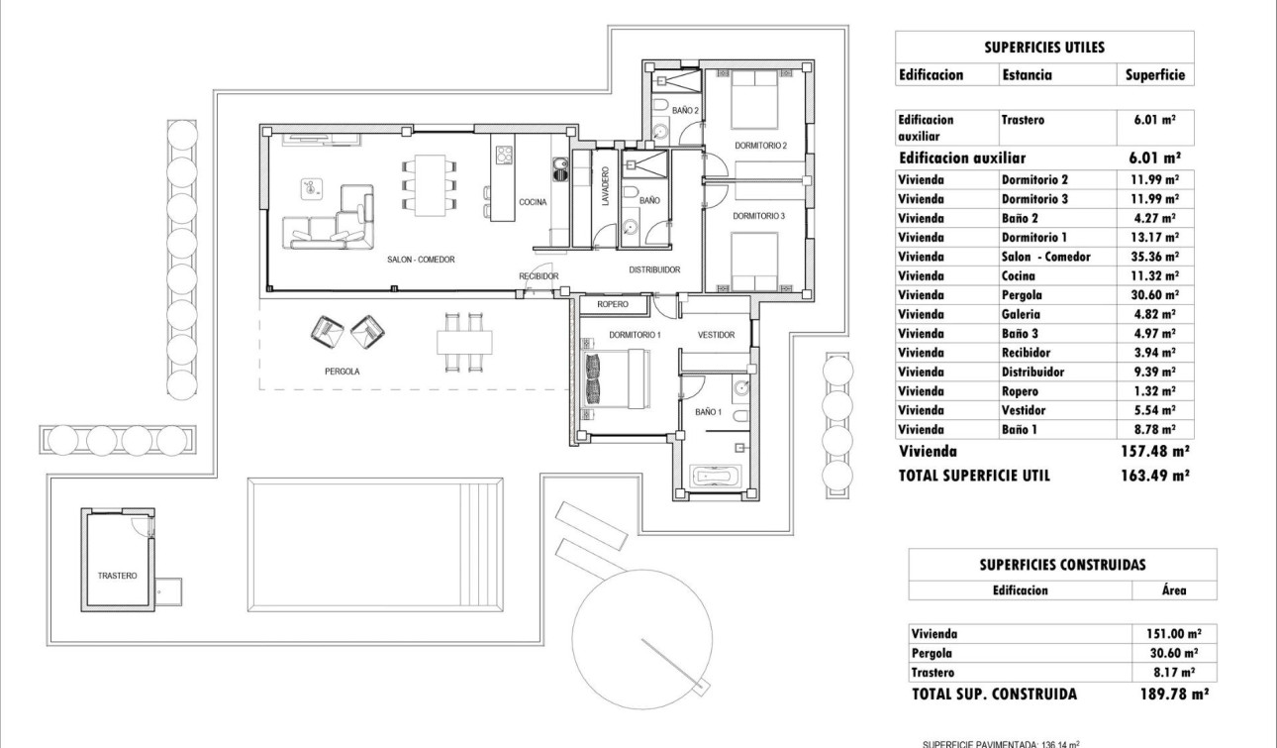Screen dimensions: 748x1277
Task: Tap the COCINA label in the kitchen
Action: pos(532,201)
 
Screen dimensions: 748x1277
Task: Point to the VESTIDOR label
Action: pos(716,335)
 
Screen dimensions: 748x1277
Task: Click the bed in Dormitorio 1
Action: pos(615,379)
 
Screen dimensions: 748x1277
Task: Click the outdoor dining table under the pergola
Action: pos(463,341)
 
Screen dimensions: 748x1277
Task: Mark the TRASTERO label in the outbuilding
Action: pos(117,575)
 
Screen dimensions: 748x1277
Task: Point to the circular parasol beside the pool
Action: pos(641,624)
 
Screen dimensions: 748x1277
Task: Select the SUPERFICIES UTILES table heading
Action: pos(1044,47)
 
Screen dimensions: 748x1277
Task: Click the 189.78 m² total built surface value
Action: pos(1174,695)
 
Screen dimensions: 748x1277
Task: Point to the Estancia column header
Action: pos(1027,74)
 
